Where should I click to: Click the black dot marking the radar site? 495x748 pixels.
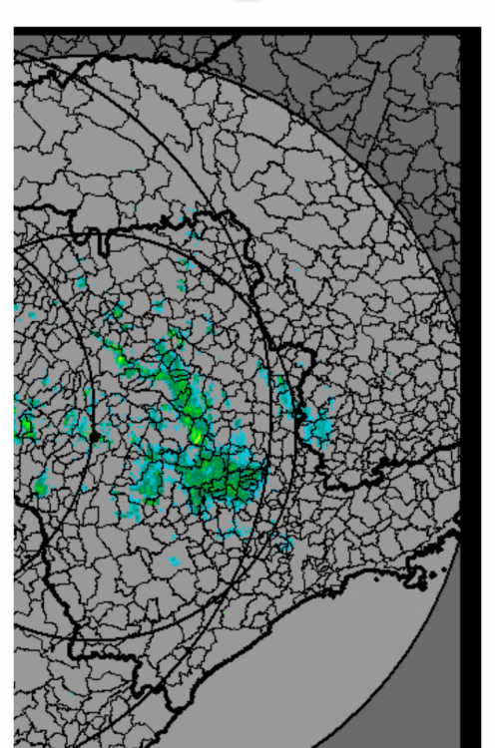point(94,436)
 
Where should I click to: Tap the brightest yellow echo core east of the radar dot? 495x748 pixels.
point(197,437)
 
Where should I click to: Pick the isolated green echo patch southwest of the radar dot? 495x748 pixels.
point(41,487)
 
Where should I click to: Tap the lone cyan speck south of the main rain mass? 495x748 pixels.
point(174,561)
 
